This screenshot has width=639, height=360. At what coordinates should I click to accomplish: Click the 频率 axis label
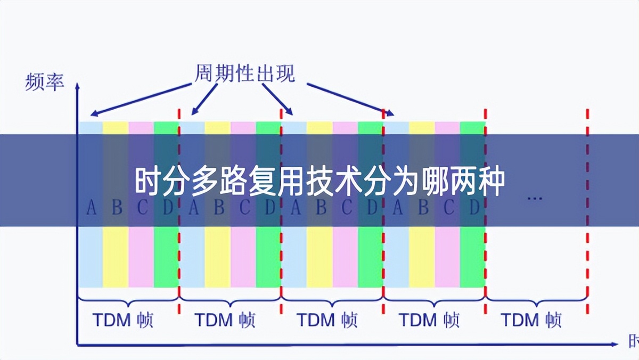(44, 83)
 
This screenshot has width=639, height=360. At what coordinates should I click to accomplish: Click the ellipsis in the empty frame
(534, 198)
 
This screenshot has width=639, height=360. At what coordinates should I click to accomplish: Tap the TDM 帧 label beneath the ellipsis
(531, 320)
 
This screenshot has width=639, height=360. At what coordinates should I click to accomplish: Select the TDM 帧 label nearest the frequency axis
(123, 320)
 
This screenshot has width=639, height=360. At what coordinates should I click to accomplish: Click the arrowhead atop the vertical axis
(78, 85)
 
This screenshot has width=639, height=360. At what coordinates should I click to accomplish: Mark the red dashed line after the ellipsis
(587, 213)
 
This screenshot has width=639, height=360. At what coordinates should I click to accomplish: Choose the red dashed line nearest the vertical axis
(179, 213)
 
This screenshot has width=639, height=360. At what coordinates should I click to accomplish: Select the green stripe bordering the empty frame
(473, 256)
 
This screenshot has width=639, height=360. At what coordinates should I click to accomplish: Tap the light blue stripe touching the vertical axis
(91, 256)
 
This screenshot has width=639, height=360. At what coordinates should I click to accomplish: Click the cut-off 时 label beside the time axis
(634, 341)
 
